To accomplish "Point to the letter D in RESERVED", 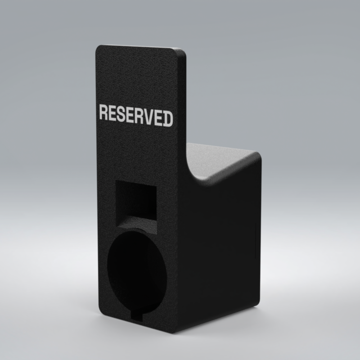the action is coord(168,119).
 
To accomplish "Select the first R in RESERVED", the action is coord(104,112).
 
